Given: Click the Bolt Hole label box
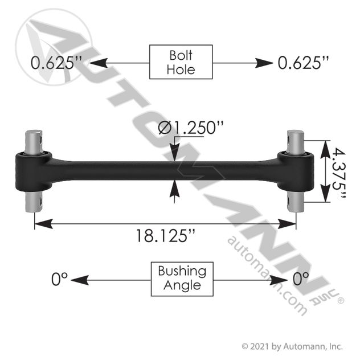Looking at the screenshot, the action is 181,62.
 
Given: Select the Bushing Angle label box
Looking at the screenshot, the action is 182,279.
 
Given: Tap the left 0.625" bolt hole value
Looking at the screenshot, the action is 56,63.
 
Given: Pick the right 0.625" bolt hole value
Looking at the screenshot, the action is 303,63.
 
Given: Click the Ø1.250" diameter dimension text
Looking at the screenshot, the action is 191,128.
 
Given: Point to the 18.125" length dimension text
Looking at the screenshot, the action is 166,236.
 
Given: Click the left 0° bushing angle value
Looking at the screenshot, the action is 59,279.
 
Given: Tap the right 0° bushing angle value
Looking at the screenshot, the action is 301,279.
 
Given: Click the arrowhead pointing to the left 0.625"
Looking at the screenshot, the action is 99,63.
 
